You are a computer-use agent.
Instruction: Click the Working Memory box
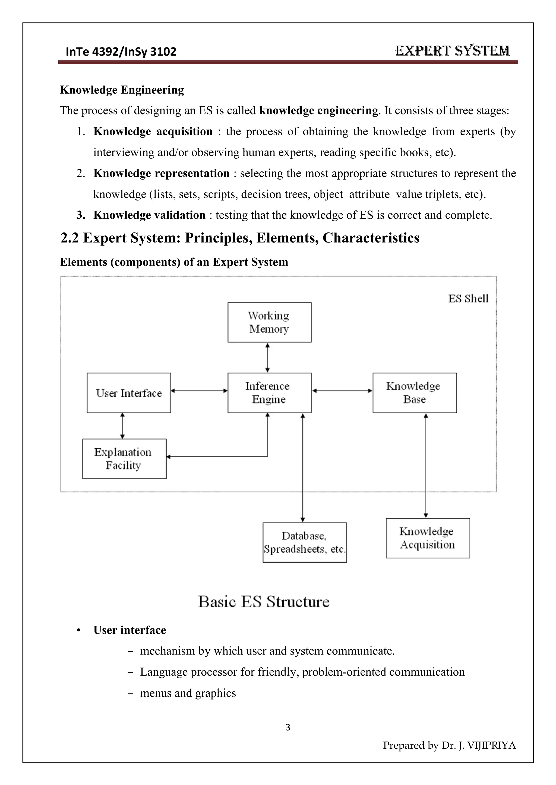pyautogui.click(x=269, y=322)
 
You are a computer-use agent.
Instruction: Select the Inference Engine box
pyautogui.click(x=269, y=393)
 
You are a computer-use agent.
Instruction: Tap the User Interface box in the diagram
pyautogui.click(x=129, y=393)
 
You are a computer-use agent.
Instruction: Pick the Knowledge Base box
pyautogui.click(x=414, y=393)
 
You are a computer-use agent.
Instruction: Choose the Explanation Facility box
pyautogui.click(x=124, y=459)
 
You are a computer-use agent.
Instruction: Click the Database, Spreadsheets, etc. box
pyautogui.click(x=304, y=542)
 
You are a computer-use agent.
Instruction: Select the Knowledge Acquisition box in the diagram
pyautogui.click(x=428, y=538)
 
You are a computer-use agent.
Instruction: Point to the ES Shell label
pyautogui.click(x=468, y=299)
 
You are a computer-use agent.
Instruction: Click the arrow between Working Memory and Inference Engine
pyautogui.click(x=267, y=358)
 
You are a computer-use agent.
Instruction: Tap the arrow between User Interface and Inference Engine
pyautogui.click(x=199, y=391)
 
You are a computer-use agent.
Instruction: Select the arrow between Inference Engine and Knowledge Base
pyautogui.click(x=342, y=391)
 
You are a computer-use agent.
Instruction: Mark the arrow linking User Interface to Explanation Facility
pyautogui.click(x=122, y=426)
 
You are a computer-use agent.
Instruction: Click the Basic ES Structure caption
pyautogui.click(x=264, y=602)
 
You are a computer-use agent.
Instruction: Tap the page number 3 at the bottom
pyautogui.click(x=288, y=727)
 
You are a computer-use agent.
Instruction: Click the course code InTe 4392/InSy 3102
pyautogui.click(x=121, y=52)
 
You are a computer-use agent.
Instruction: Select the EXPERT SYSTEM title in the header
pyautogui.click(x=452, y=51)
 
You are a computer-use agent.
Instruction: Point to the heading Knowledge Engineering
pyautogui.click(x=122, y=90)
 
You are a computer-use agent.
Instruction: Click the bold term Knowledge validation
pyautogui.click(x=149, y=215)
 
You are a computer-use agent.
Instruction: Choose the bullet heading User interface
pyautogui.click(x=129, y=630)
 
